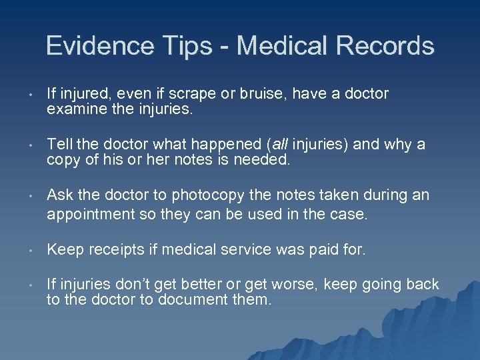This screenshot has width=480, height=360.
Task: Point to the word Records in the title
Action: click(385, 46)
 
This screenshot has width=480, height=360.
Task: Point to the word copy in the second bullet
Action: click(63, 159)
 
